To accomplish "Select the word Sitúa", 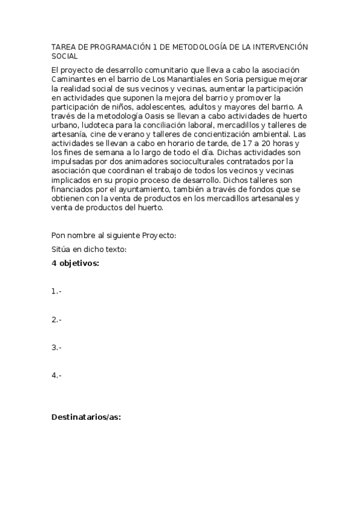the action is click(x=61, y=250).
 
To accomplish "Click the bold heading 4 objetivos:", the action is click(x=76, y=263).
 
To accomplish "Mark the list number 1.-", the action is click(x=56, y=291).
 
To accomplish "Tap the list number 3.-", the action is click(x=56, y=347).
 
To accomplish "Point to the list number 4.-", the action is click(x=56, y=375).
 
